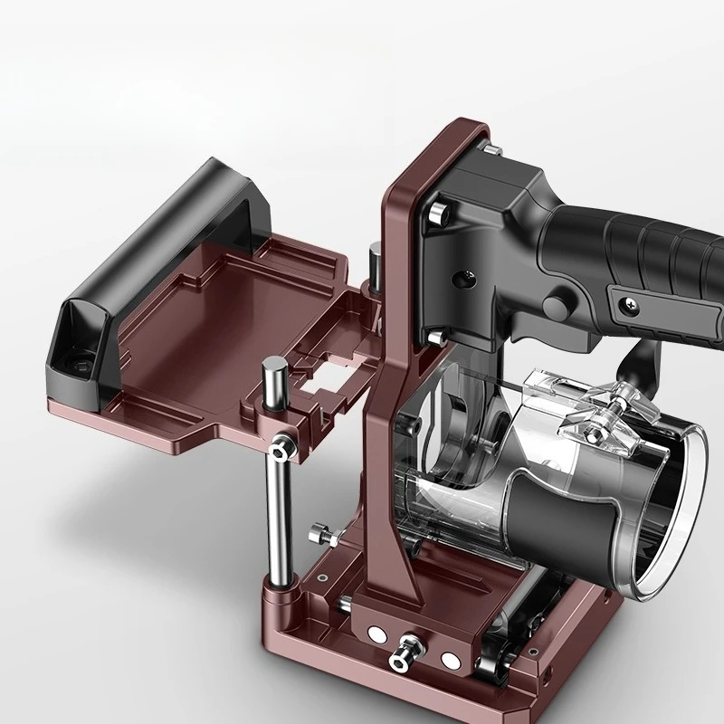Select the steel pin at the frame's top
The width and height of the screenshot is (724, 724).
coord(490,148)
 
